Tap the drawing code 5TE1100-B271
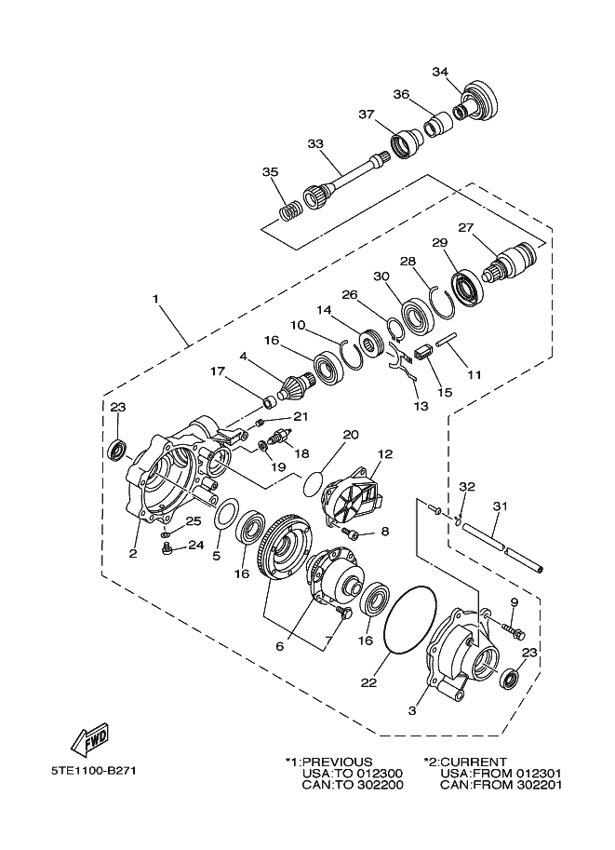(93, 771)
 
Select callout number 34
(440, 72)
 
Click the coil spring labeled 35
(292, 209)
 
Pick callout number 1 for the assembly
(155, 299)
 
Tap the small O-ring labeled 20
(311, 483)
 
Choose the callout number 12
(385, 453)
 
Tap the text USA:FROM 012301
(501, 773)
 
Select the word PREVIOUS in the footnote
(338, 762)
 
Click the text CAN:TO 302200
(353, 785)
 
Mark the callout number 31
(500, 506)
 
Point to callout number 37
(367, 115)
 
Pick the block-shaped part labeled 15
(423, 354)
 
